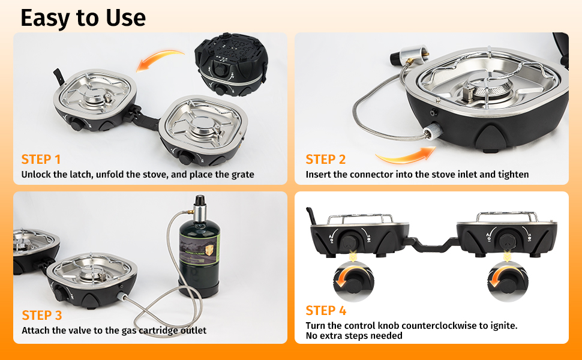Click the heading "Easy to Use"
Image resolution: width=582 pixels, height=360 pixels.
click(83, 18)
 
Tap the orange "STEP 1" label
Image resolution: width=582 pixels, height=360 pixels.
click(41, 160)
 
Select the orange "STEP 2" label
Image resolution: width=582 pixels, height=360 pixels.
click(326, 160)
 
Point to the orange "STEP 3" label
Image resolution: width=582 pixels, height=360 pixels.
click(41, 315)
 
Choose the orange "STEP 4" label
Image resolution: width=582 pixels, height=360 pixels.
click(326, 310)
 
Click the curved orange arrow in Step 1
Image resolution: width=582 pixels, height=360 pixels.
click(160, 58)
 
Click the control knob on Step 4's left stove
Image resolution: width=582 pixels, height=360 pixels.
click(349, 241)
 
